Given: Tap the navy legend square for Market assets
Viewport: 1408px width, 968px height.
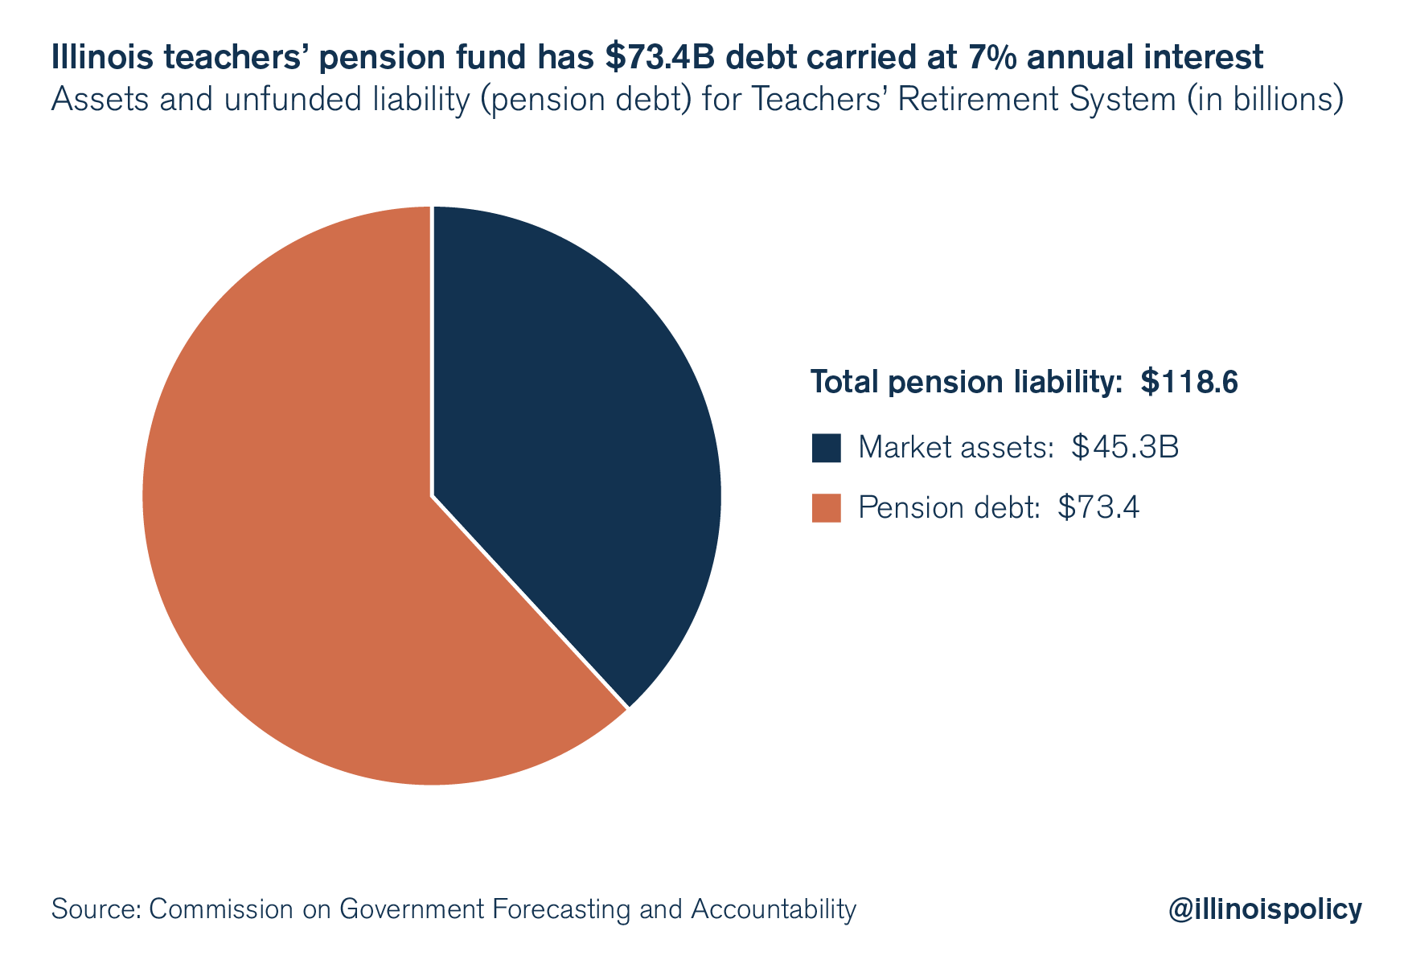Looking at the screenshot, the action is (826, 448).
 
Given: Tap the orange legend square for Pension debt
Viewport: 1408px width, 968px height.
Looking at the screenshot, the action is (826, 508).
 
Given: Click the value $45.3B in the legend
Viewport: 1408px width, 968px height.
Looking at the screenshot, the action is (1125, 447).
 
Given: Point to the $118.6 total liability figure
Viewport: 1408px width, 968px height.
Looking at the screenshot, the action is (1189, 383).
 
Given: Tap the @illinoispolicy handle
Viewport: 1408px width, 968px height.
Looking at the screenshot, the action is (1265, 909).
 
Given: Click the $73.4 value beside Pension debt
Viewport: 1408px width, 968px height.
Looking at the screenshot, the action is (1098, 508).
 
